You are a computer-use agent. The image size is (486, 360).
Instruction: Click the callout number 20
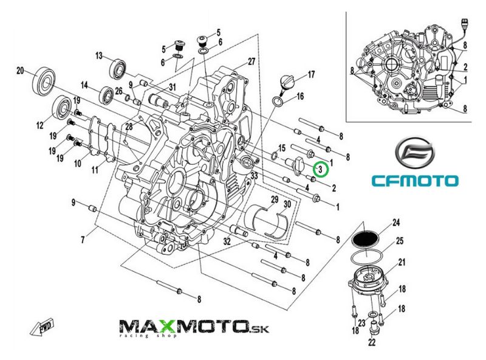19,71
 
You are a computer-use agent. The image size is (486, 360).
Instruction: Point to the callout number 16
300,97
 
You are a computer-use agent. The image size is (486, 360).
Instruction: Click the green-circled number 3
320,168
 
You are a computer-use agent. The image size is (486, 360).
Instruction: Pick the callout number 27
252,62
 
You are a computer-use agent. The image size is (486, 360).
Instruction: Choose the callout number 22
372,342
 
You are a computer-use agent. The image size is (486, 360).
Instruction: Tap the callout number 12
39,126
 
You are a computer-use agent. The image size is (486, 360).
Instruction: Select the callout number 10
78,163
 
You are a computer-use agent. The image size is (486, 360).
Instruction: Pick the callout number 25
400,241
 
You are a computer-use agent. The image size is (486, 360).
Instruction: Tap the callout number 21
402,263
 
